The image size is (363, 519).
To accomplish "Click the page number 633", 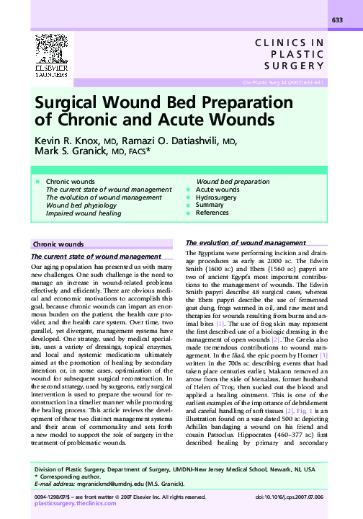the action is click(336, 20).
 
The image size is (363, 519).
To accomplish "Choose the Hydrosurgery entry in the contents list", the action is click(216, 197).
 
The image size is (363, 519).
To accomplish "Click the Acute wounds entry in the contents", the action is click(218, 189).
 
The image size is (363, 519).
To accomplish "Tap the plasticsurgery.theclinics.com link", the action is click(76, 505).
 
